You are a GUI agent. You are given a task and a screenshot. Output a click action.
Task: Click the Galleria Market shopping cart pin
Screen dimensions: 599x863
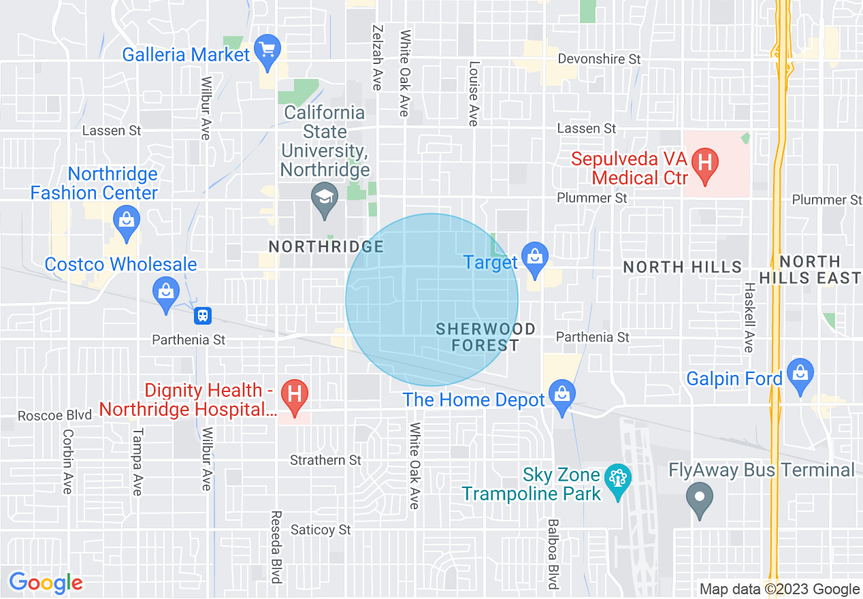pyautogui.click(x=267, y=52)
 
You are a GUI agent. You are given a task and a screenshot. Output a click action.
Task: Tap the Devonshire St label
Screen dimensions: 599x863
pyautogui.click(x=599, y=59)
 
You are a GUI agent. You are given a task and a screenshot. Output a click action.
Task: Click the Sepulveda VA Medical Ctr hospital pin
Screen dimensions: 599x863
pyautogui.click(x=705, y=165)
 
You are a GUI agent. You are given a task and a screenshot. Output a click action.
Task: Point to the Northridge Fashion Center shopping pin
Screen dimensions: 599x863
pyautogui.click(x=127, y=222)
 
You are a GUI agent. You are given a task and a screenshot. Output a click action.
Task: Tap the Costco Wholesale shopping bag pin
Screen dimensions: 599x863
pyautogui.click(x=166, y=293)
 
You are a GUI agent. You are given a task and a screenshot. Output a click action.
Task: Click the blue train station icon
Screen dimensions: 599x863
pyautogui.click(x=203, y=316)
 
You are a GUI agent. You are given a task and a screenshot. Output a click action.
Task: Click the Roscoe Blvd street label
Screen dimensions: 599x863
pyautogui.click(x=54, y=415)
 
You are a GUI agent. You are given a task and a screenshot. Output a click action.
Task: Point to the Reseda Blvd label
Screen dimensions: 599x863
pyautogui.click(x=276, y=547)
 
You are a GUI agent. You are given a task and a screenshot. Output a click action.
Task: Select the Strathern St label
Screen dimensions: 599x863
pyautogui.click(x=325, y=461)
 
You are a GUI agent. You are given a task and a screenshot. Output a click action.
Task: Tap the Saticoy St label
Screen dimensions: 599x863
pyautogui.click(x=321, y=529)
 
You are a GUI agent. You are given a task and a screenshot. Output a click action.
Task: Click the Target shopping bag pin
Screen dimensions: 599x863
pyautogui.click(x=535, y=258)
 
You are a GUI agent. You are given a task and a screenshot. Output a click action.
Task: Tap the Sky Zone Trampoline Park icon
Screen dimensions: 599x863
pyautogui.click(x=618, y=481)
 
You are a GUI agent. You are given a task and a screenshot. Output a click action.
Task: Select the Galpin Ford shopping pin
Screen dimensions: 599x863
pyautogui.click(x=800, y=374)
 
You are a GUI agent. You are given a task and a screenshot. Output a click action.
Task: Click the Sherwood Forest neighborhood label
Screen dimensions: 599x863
pyautogui.click(x=485, y=337)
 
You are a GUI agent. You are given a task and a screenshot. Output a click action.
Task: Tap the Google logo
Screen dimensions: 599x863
pyautogui.click(x=46, y=583)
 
